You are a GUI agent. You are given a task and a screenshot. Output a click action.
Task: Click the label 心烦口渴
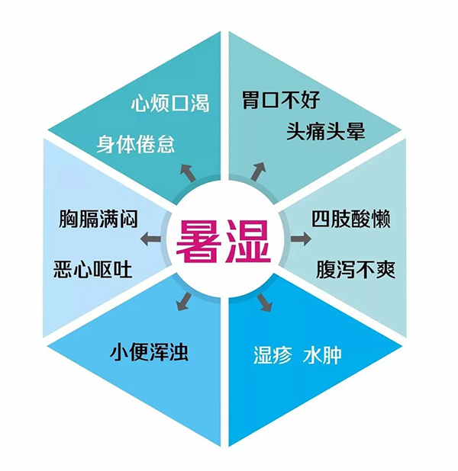[170, 104]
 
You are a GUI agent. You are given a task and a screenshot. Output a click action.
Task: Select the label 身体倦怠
[136, 144]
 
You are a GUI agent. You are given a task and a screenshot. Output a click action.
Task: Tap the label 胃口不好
[281, 100]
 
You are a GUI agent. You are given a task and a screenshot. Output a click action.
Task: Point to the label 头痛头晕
[326, 131]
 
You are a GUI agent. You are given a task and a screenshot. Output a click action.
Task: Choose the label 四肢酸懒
[351, 219]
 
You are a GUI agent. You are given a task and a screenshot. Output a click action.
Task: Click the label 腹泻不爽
[356, 270]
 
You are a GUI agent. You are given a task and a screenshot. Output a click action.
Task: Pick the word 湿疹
[273, 355]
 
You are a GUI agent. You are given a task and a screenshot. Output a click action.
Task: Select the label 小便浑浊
[150, 352]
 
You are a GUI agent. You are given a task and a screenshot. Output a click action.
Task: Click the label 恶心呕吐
[93, 270]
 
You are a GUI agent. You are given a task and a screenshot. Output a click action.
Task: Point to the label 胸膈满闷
[98, 219]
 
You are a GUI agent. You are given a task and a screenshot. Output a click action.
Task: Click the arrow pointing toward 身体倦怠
[188, 172]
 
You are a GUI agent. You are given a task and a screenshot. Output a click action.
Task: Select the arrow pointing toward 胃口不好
[259, 171]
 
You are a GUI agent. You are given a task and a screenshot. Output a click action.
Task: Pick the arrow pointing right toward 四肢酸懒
[301, 239]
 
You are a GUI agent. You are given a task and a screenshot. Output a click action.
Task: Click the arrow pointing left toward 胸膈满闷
[150, 239]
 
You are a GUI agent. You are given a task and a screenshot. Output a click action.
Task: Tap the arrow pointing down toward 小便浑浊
[185, 301]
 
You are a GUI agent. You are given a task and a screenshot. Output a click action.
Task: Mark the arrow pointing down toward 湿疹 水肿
[265, 303]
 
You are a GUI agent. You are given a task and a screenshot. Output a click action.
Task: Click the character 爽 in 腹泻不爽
[385, 270]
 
